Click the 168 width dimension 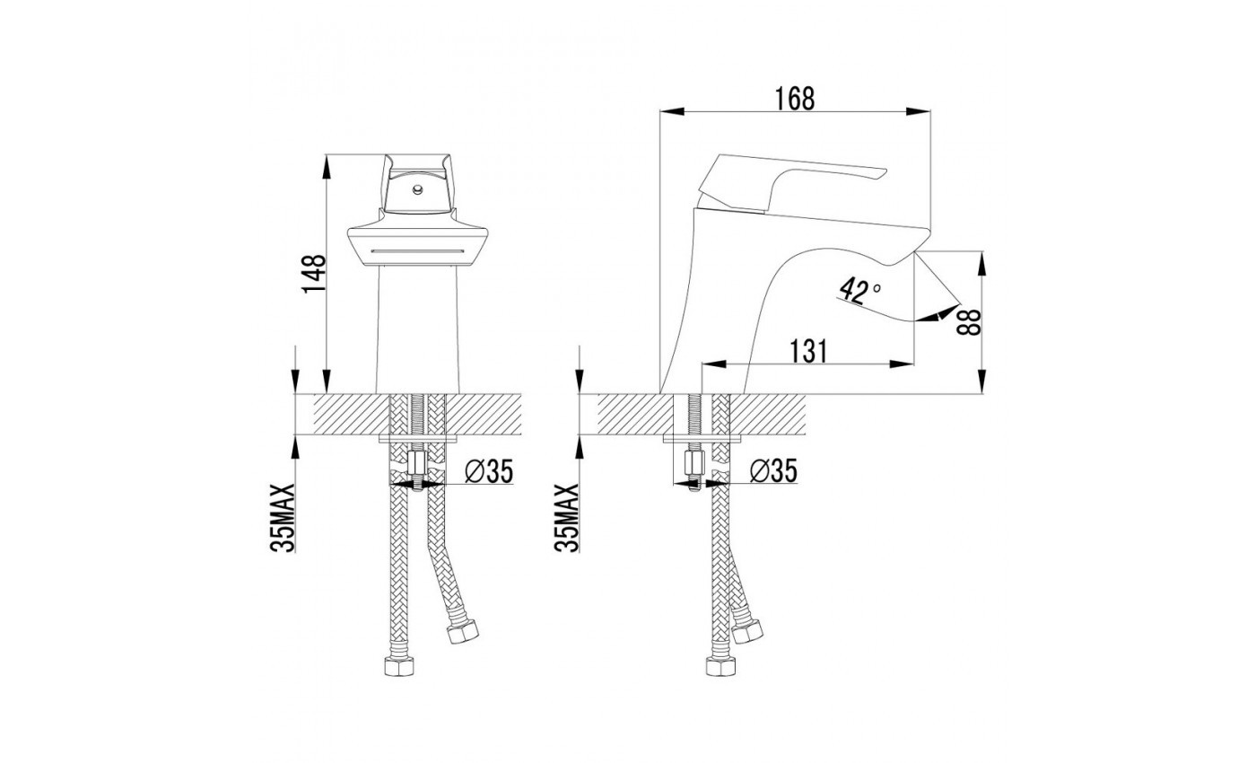(795, 99)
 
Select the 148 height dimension (314, 274)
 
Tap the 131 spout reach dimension (808, 351)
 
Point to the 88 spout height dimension (970, 322)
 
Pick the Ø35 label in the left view (489, 470)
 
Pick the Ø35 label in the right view (773, 470)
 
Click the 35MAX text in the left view (283, 518)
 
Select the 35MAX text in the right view (566, 518)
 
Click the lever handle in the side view (791, 182)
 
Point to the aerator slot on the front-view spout (417, 250)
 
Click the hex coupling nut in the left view (416, 463)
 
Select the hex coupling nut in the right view (694, 463)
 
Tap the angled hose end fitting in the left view (462, 632)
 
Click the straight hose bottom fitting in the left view (399, 666)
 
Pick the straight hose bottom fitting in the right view (720, 666)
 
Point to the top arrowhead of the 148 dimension (326, 167)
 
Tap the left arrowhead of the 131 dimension (714, 364)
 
